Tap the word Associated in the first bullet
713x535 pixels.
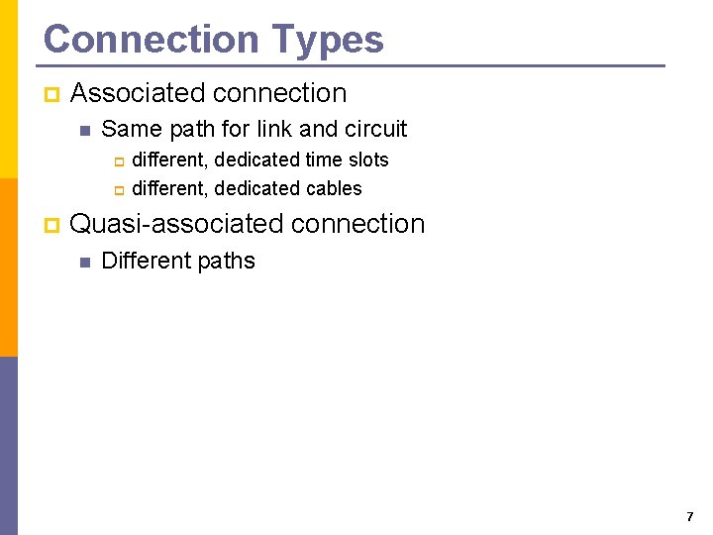point(138,93)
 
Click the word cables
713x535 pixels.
point(336,188)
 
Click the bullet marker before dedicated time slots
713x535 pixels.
point(117,160)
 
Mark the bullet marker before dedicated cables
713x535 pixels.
point(117,189)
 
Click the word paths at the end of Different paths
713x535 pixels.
point(228,262)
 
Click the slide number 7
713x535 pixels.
point(689,517)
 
